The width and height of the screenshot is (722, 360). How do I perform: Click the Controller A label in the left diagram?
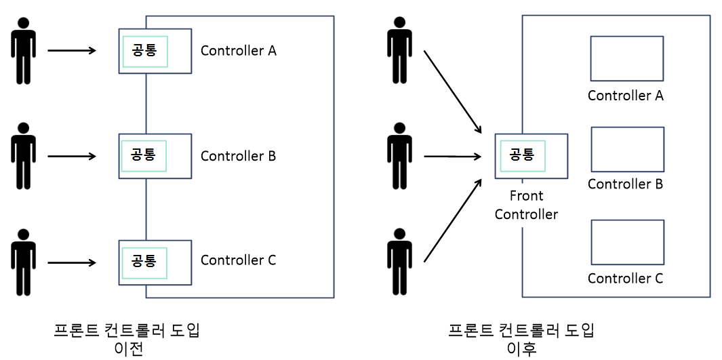[238, 51]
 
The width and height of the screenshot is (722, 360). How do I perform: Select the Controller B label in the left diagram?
[238, 157]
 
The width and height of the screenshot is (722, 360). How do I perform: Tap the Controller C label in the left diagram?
[238, 260]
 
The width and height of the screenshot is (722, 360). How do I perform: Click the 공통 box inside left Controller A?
[144, 51]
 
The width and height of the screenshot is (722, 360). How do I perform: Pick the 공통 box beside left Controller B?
[144, 155]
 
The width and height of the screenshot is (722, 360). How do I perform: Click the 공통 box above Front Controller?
[522, 155]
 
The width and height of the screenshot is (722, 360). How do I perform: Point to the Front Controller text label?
[526, 205]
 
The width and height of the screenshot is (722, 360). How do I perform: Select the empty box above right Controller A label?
[626, 59]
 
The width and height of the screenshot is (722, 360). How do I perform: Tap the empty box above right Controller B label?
[626, 149]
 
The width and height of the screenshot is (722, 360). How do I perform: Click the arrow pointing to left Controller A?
[72, 50]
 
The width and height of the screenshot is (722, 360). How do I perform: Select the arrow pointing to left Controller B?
[72, 156]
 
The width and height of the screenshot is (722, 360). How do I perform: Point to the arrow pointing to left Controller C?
[72, 261]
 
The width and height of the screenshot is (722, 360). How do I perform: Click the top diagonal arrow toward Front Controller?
[452, 92]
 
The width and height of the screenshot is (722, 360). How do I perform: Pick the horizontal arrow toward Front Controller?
[452, 157]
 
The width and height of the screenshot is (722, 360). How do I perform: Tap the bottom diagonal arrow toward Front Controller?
[452, 221]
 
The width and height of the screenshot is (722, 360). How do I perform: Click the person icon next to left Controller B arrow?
[24, 156]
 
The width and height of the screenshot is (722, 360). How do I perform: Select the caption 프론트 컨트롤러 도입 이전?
[127, 340]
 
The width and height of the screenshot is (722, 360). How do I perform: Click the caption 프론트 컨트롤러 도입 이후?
[521, 340]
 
